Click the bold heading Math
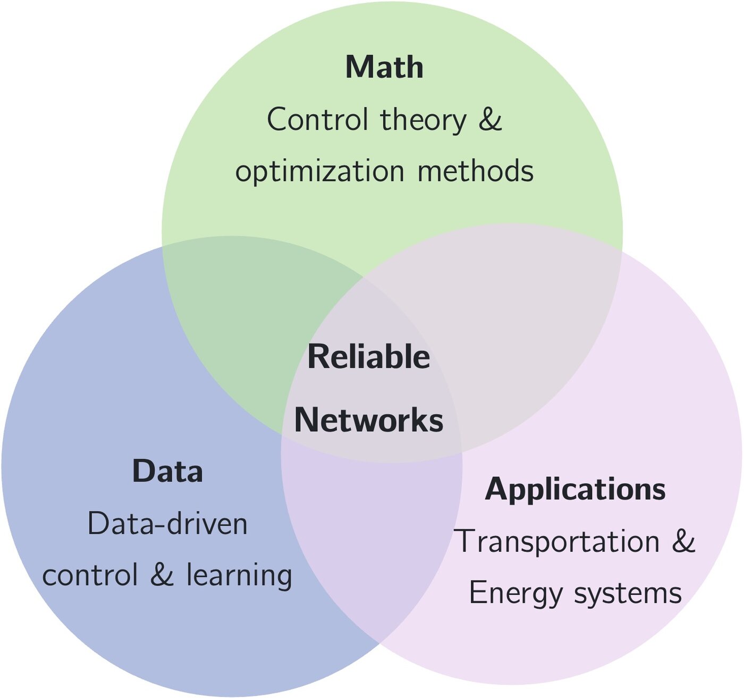384,68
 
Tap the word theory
423,120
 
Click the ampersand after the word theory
489,120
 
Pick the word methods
476,171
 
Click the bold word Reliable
368,357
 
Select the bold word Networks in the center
368,420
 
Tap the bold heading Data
167,472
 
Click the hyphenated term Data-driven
167,524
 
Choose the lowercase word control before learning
90,576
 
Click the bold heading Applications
575,489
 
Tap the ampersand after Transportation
683,541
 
